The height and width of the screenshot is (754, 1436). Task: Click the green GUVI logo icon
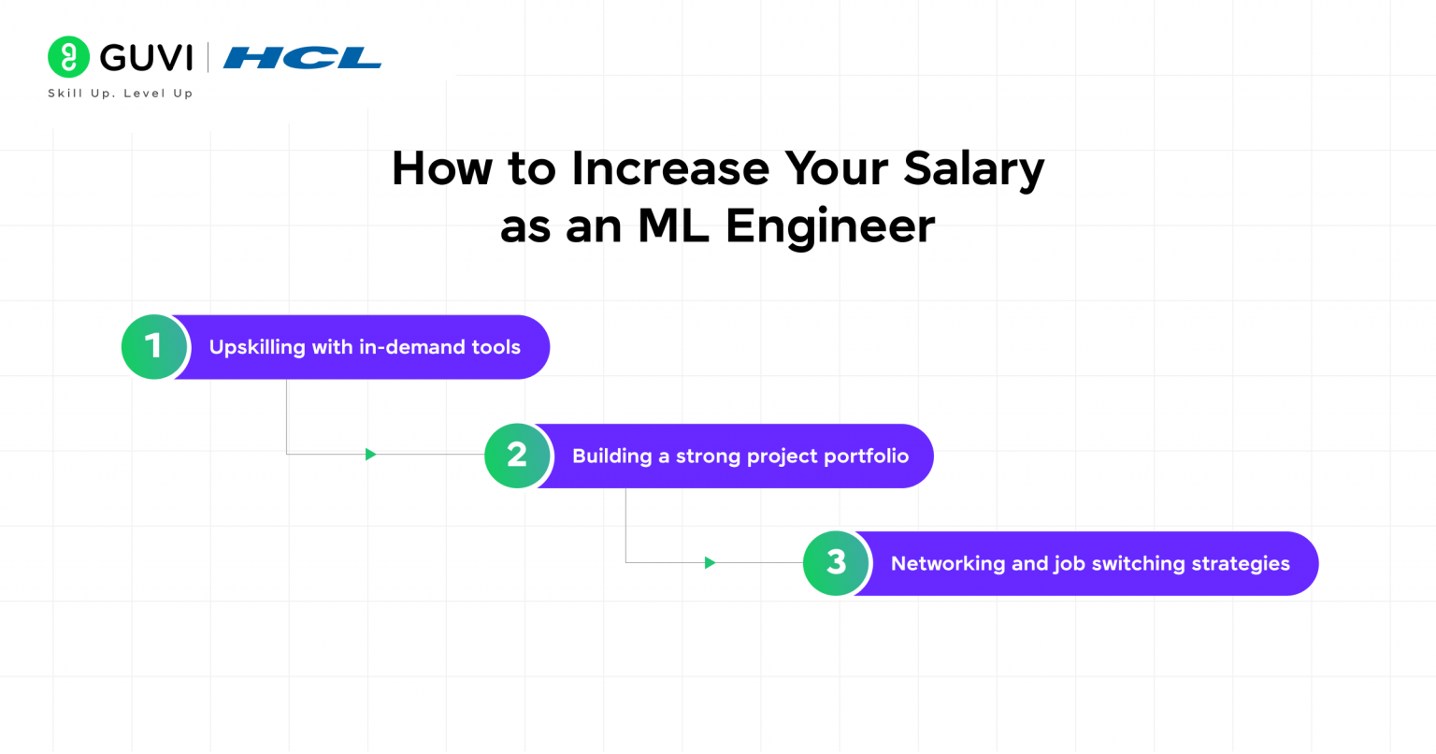click(x=68, y=57)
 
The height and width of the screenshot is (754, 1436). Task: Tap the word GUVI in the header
click(x=146, y=58)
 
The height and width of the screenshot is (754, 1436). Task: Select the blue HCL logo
click(x=302, y=58)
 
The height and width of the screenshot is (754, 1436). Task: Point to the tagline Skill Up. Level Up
click(x=121, y=94)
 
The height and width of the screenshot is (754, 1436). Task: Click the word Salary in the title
click(x=973, y=169)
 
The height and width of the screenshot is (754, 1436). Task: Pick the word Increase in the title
click(x=670, y=168)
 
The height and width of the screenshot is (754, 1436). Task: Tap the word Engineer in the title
click(x=829, y=226)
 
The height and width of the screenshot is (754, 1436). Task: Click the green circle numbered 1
click(x=154, y=347)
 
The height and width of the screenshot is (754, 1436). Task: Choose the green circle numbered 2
click(x=517, y=456)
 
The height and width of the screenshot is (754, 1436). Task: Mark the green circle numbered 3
click(x=836, y=563)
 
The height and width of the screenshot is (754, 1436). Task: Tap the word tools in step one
click(x=495, y=347)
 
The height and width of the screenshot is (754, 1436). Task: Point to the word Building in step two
click(x=611, y=457)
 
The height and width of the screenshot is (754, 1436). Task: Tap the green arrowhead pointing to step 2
click(x=371, y=455)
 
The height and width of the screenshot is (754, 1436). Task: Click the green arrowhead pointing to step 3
click(x=711, y=562)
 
